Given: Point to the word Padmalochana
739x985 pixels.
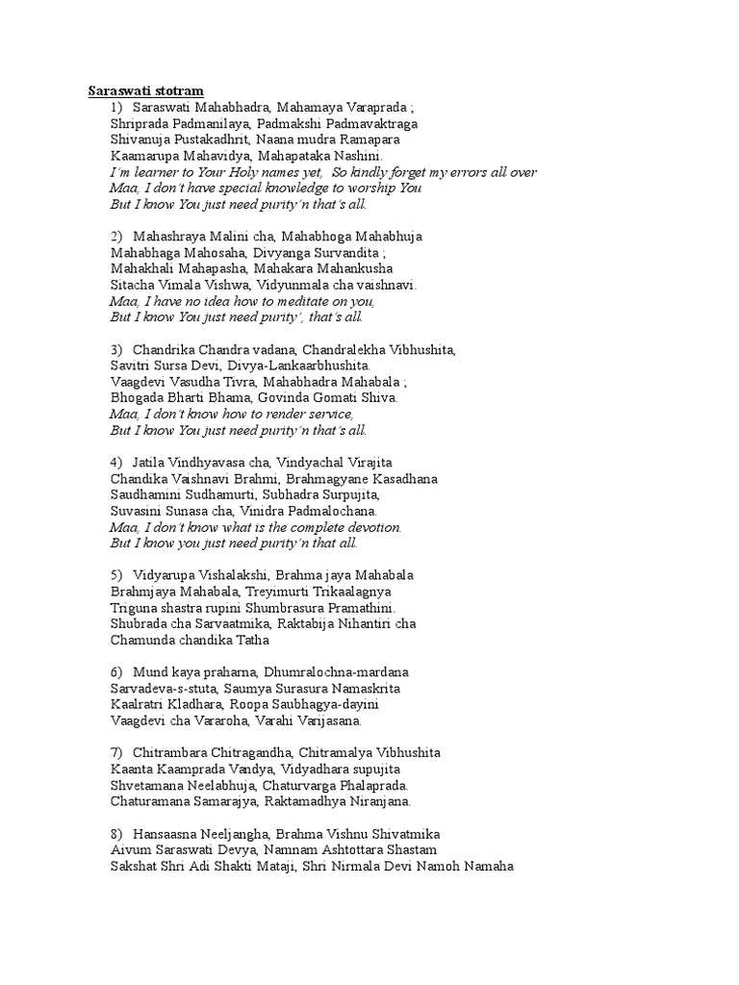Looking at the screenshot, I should (x=332, y=511).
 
